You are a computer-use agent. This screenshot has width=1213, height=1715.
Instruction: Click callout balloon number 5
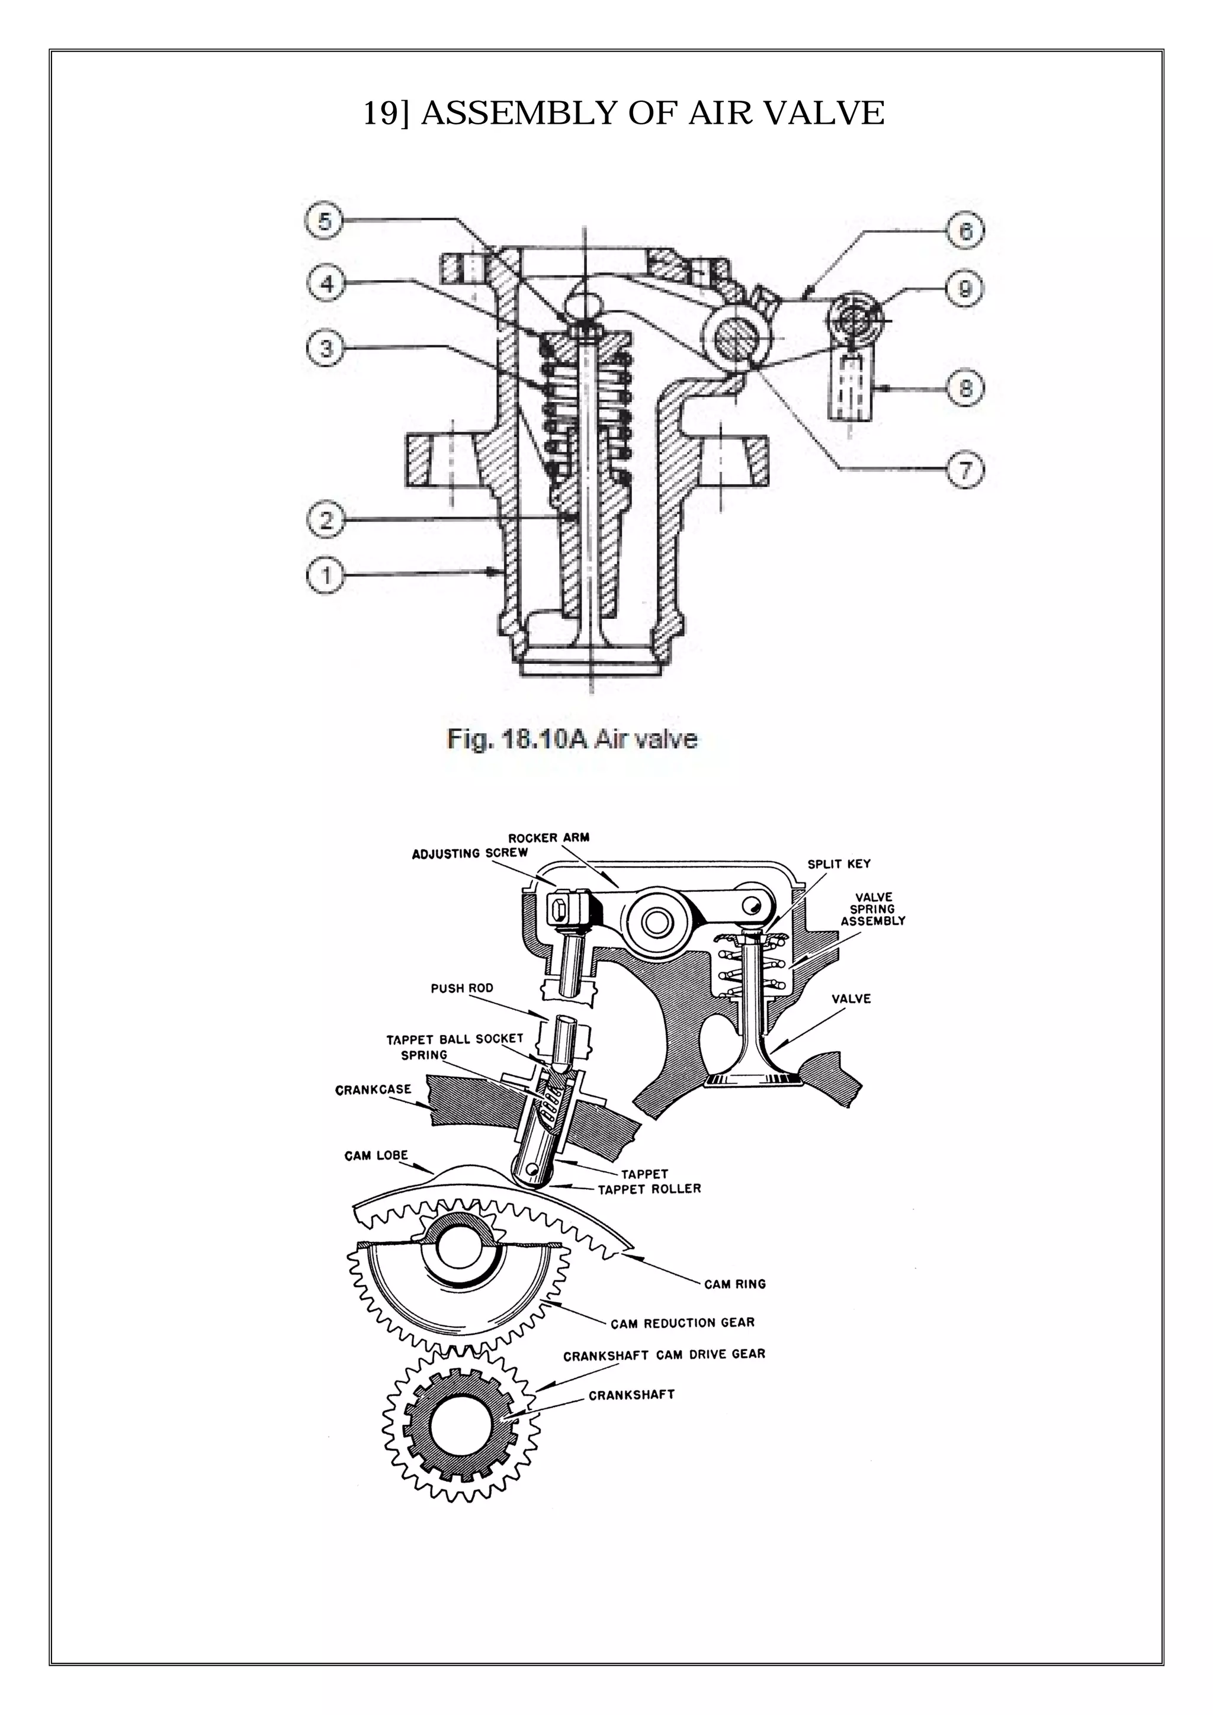[323, 222]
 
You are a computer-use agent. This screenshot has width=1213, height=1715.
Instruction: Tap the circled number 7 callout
[965, 470]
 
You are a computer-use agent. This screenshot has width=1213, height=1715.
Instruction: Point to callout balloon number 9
[964, 288]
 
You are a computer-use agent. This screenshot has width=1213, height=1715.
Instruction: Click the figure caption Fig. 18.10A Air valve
[572, 740]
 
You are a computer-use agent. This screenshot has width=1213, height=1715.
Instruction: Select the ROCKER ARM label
[548, 837]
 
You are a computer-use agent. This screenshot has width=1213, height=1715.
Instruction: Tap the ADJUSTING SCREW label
[470, 853]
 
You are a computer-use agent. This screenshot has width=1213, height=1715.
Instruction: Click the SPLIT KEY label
[839, 864]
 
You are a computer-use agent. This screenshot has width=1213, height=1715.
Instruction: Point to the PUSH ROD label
[461, 988]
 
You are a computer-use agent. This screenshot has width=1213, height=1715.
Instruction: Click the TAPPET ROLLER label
[649, 1189]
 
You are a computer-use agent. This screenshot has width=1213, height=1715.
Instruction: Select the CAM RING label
[734, 1284]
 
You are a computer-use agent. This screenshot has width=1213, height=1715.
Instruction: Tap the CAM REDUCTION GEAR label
[683, 1323]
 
